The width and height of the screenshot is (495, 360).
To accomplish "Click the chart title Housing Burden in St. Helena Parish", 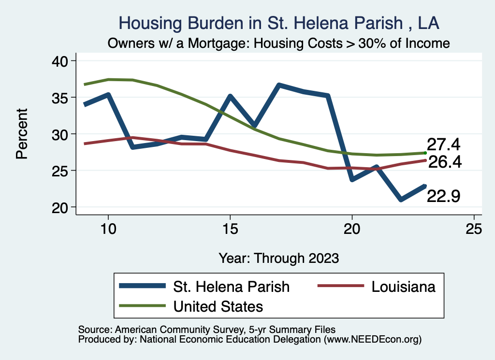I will tap(279, 23).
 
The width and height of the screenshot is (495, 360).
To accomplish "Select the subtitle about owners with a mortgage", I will tap(279, 43).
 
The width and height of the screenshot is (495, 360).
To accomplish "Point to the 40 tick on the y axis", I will tap(60, 61).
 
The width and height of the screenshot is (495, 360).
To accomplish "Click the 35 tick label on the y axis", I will tap(60, 98).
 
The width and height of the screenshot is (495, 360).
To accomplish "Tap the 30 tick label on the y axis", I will tap(60, 134).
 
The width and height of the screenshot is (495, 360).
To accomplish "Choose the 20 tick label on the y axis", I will tap(60, 207).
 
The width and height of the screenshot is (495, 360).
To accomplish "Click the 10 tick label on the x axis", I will tap(108, 229).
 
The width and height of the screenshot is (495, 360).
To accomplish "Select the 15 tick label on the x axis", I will tap(230, 229).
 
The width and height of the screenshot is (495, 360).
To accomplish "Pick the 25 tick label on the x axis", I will tap(474, 229).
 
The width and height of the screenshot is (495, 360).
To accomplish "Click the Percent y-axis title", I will tap(21, 134).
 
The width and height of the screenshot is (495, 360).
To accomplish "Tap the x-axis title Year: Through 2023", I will tap(279, 258).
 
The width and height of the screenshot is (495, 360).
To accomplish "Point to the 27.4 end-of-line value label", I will tap(443, 144).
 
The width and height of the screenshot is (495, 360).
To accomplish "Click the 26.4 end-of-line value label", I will tap(445, 162).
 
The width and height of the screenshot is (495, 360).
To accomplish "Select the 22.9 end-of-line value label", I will tap(443, 196).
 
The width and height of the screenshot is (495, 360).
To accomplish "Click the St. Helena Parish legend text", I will tap(231, 287).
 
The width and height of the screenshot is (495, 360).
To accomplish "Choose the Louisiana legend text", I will tap(404, 287).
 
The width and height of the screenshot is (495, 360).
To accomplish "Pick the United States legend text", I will tap(218, 306).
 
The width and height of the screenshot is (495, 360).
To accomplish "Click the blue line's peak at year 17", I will tap(279, 86).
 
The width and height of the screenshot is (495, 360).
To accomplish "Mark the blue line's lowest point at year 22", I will tap(401, 200).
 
